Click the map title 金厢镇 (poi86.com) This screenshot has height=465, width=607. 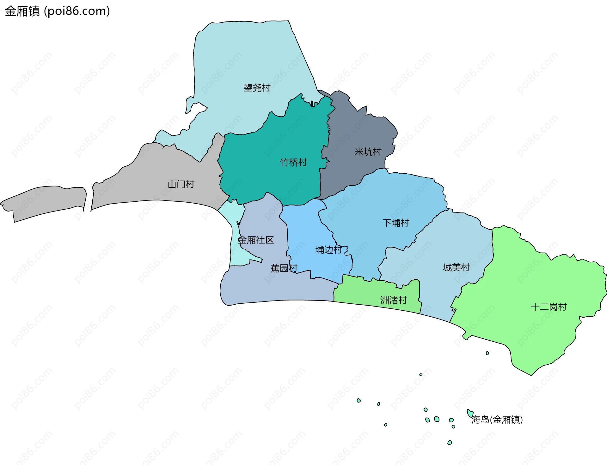(x=57, y=11)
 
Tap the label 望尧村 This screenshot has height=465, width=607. (x=257, y=88)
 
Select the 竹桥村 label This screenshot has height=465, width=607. (x=293, y=162)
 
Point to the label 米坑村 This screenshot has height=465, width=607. (x=368, y=152)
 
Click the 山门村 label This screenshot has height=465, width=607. (x=181, y=184)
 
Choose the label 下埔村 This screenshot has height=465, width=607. (x=396, y=223)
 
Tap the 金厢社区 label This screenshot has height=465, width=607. (x=255, y=240)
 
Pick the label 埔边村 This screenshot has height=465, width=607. (x=329, y=250)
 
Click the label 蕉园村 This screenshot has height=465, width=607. (x=284, y=268)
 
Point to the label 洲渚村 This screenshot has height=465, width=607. (x=393, y=300)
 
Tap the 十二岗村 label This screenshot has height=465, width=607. (x=549, y=307)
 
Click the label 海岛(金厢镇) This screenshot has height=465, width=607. (x=497, y=420)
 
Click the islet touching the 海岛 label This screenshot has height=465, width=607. (x=470, y=413)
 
